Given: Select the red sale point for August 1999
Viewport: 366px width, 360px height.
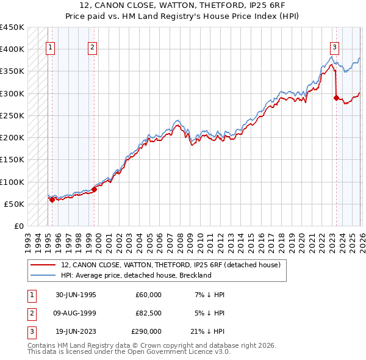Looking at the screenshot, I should pyautogui.click(x=95, y=189).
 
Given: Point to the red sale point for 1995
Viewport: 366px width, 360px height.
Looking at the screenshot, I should pyautogui.click(x=52, y=199).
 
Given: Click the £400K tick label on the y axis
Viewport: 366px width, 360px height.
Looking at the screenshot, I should pyautogui.click(x=12, y=49).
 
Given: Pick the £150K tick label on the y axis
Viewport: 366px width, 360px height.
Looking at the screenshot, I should pyautogui.click(x=12, y=160).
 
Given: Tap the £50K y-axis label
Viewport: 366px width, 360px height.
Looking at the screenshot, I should pyautogui.click(x=15, y=204).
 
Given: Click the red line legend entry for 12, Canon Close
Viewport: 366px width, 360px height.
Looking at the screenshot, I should pyautogui.click(x=170, y=265).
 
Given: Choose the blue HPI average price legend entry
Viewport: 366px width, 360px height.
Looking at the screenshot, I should pyautogui.click(x=136, y=275).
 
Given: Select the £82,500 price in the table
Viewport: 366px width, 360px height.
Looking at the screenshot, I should pyautogui.click(x=148, y=313).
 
